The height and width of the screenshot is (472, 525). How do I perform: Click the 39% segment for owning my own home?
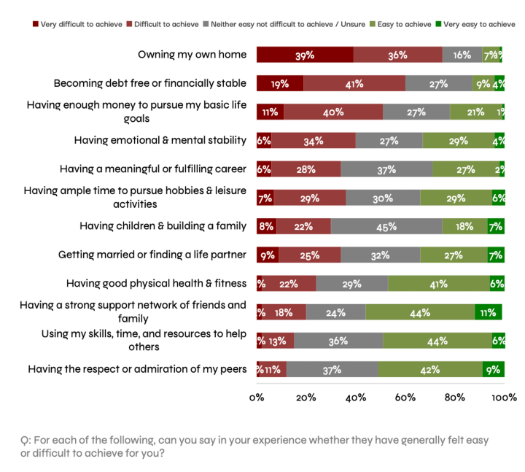tap(305, 55)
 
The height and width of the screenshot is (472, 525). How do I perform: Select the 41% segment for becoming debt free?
tap(354, 83)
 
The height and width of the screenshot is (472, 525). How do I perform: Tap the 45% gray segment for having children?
tap(386, 226)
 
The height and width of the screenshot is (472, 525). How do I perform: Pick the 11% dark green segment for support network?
tap(488, 312)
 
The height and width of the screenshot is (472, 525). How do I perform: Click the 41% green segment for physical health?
tap(439, 283)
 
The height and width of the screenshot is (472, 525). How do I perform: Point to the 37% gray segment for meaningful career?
tap(386, 169)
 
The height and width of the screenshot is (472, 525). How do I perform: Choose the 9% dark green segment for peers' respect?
tap(493, 369)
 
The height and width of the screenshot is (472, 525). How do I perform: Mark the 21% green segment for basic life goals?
tap(475, 112)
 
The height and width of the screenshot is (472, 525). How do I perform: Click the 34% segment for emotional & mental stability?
tap(314, 141)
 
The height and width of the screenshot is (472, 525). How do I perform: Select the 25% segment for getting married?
tap(309, 255)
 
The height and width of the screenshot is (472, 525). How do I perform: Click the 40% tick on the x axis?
tap(356, 398)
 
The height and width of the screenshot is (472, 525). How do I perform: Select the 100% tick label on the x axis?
tap(504, 398)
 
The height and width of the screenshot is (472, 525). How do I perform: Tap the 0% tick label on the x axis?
tap(257, 398)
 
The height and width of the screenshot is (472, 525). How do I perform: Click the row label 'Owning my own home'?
tap(192, 55)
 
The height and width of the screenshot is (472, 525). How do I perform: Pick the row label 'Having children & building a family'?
tap(163, 226)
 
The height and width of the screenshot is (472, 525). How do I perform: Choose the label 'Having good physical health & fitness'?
tap(156, 283)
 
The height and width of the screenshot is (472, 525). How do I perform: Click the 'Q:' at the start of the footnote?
tap(26, 441)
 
